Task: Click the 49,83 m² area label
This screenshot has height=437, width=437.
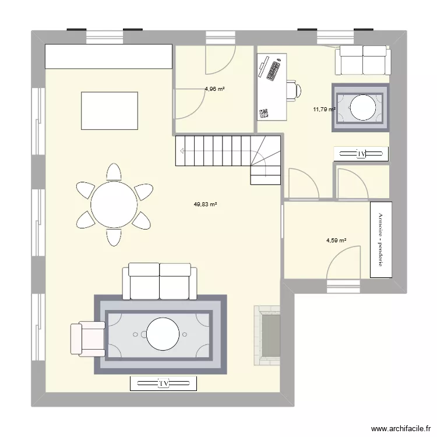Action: [205, 205]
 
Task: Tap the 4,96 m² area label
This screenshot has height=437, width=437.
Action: [214, 89]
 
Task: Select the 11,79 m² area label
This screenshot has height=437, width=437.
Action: [324, 109]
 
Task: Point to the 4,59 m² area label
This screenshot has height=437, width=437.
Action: [336, 240]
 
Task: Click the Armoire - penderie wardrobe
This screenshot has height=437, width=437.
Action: [381, 239]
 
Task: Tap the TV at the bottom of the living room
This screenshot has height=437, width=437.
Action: [163, 383]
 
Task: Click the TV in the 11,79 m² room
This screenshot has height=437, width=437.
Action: [361, 154]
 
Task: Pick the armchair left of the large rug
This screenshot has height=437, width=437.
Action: [86, 339]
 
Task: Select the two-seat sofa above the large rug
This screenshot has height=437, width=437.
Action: [159, 280]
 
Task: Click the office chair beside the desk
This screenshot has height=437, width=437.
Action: [294, 90]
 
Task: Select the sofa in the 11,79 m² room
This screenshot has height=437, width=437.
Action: [362, 59]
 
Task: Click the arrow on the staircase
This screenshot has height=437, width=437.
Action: [184, 151]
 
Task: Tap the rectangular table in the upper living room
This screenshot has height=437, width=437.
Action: [110, 110]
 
